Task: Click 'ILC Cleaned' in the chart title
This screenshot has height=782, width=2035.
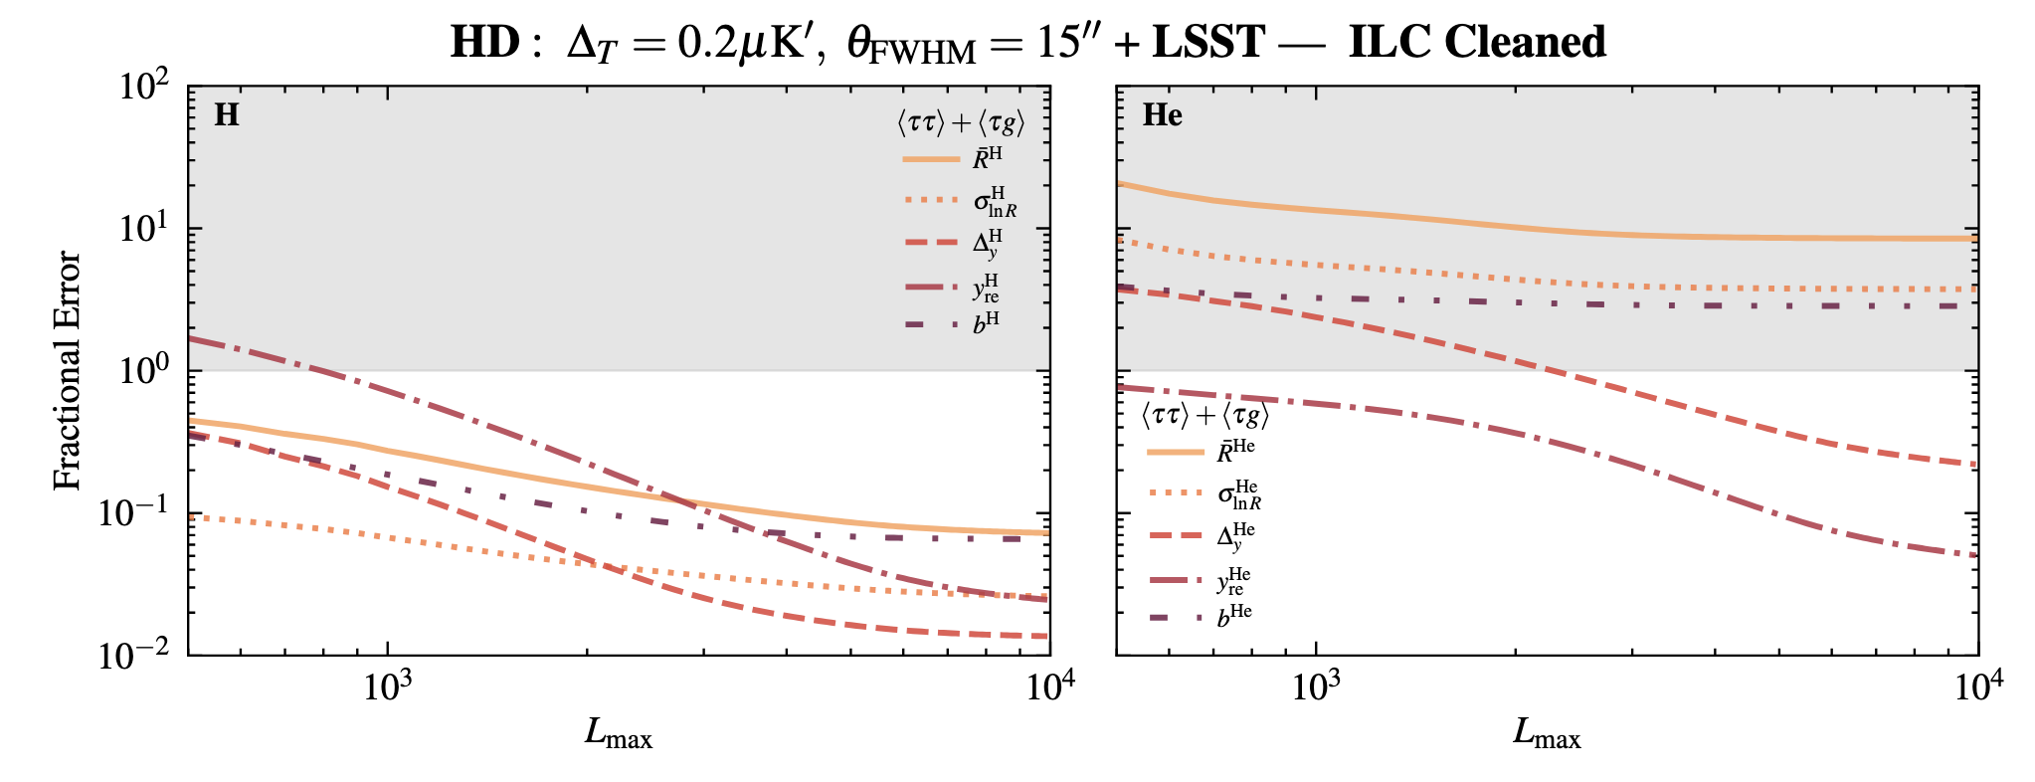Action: (1476, 42)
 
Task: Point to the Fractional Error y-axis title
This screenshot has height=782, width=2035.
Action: (67, 370)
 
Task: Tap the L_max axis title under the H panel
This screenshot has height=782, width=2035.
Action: (618, 734)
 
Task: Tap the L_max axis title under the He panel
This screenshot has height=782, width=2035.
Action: (1547, 734)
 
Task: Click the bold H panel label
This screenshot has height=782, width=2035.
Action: (227, 115)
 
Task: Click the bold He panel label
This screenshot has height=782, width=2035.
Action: (1162, 115)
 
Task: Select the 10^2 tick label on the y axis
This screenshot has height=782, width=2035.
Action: (145, 88)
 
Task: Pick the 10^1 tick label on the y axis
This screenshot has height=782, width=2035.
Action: (145, 230)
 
